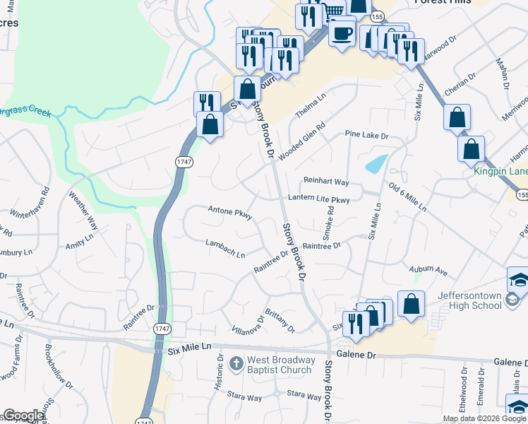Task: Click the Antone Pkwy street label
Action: click(x=230, y=211)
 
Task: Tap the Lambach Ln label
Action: click(x=224, y=248)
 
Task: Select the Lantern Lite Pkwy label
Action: click(x=318, y=200)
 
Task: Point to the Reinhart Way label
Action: click(x=326, y=182)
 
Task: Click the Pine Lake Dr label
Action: click(x=367, y=134)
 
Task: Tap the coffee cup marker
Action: click(x=342, y=33)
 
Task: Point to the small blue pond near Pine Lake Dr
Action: click(x=376, y=164)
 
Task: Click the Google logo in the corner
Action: click(x=23, y=416)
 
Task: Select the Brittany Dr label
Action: click(x=280, y=319)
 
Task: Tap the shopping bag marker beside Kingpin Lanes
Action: click(x=471, y=149)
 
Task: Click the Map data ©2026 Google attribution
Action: click(x=484, y=418)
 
